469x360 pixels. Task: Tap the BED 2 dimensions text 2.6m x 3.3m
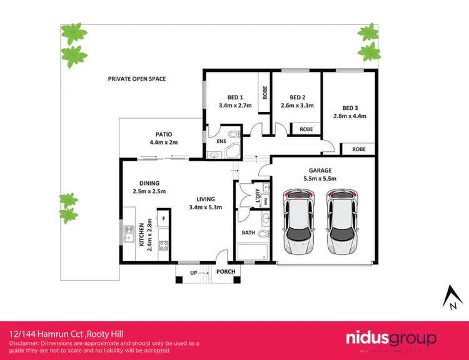tap(297, 106)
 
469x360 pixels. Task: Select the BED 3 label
tap(350, 107)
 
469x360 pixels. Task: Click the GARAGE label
tap(320, 170)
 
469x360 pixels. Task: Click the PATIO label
tap(164, 134)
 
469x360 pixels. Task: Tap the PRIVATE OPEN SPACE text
tap(137, 79)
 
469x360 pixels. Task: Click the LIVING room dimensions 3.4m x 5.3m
tap(206, 207)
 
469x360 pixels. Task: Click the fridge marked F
tap(164, 219)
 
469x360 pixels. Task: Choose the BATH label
tap(248, 233)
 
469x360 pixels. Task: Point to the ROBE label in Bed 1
tap(265, 92)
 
